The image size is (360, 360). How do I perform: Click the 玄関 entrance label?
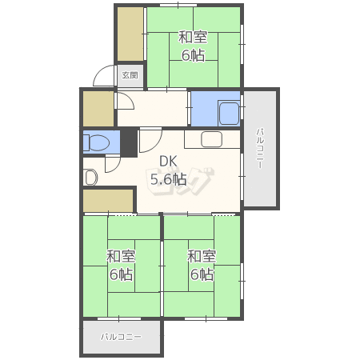coord(130,75)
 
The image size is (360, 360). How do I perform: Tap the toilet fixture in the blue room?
coord(96,142)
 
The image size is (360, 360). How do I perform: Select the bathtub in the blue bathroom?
coord(229,113)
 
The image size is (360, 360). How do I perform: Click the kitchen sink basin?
coord(211,139)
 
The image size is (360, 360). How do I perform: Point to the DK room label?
coord(168,162)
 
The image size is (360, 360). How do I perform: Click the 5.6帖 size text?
coord(169,179)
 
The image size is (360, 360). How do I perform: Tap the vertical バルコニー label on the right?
coord(260,148)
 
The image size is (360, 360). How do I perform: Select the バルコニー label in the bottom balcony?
coord(121,337)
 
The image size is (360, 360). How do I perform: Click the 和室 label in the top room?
coord(193,37)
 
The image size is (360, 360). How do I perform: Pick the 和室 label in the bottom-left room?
coord(121,256)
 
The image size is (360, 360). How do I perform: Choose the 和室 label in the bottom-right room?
coord(202,256)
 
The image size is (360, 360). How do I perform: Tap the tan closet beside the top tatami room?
coord(130,34)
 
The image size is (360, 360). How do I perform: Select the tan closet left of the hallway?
coord(98,109)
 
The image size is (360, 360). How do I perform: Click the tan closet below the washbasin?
coord(108,201)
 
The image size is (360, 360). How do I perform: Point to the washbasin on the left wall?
coord(90,178)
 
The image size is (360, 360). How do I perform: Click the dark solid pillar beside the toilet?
coord(129,142)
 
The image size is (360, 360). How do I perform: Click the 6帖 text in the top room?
coord(194,55)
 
